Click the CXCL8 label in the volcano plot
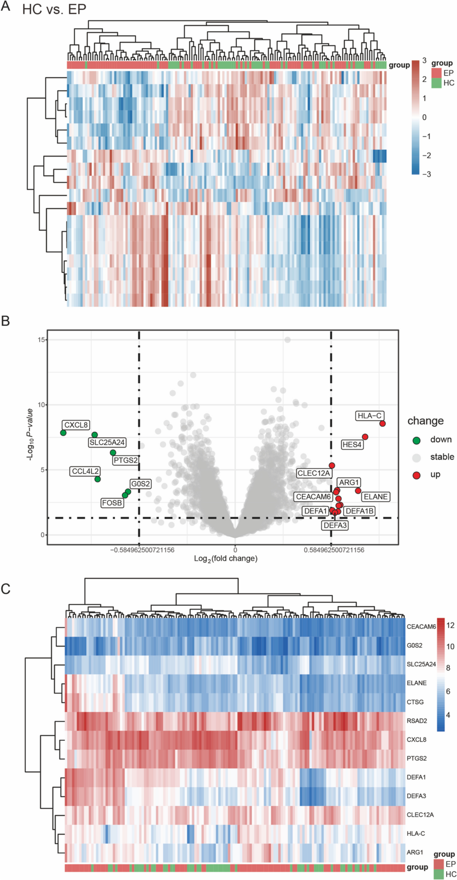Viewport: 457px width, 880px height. pyautogui.click(x=76, y=425)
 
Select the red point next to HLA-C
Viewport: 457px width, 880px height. pyautogui.click(x=383, y=424)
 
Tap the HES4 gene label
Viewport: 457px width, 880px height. pyautogui.click(x=352, y=445)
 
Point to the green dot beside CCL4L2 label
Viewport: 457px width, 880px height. pyautogui.click(x=97, y=479)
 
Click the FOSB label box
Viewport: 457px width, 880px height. pyautogui.click(x=112, y=503)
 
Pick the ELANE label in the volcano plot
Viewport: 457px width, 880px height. pyautogui.click(x=375, y=497)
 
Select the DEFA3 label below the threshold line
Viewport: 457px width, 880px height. pyautogui.click(x=335, y=525)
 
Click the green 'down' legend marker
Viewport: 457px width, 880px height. pyautogui.click(x=416, y=441)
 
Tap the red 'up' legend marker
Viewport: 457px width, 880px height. pyautogui.click(x=416, y=475)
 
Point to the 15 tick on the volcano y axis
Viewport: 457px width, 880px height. pyautogui.click(x=42, y=340)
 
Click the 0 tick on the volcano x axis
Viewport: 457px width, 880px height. pyautogui.click(x=235, y=550)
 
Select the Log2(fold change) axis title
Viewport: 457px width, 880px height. pyautogui.click(x=225, y=559)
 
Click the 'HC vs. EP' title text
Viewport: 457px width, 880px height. pyautogui.click(x=54, y=9)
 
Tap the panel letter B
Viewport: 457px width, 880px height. pyautogui.click(x=5, y=321)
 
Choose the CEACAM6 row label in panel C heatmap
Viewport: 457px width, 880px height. pyautogui.click(x=421, y=627)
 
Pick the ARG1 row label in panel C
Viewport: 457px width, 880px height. pyautogui.click(x=415, y=852)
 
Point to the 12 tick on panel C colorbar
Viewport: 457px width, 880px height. pyautogui.click(x=450, y=625)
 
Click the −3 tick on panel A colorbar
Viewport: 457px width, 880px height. pyautogui.click(x=426, y=174)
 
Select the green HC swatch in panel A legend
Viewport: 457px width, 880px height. pyautogui.click(x=436, y=83)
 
